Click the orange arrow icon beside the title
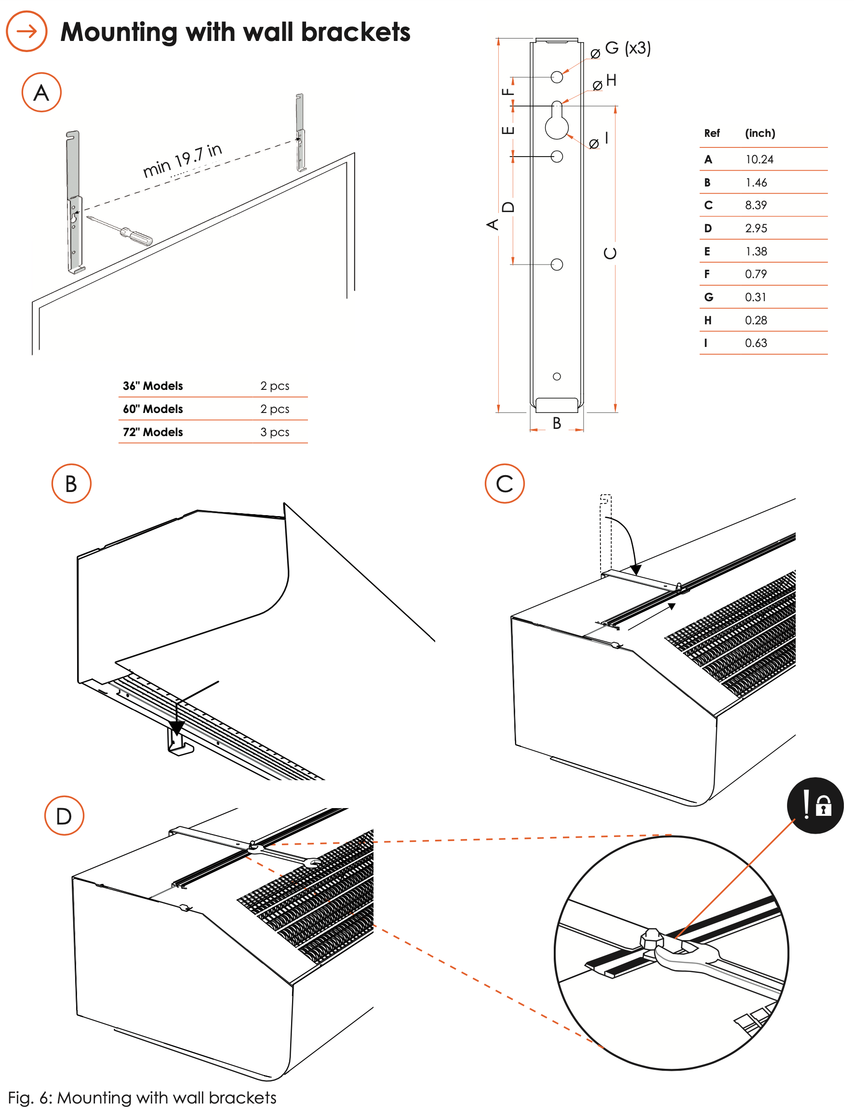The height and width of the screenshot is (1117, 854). (x=27, y=31)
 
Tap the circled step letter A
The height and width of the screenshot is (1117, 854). (x=41, y=93)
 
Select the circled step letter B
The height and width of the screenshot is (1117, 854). (x=71, y=484)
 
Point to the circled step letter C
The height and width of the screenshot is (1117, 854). (x=505, y=484)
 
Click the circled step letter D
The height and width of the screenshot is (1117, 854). (x=64, y=816)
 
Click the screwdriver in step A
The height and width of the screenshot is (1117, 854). (x=122, y=231)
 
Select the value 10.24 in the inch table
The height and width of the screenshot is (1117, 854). (x=760, y=160)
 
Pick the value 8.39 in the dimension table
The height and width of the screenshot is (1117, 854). (x=756, y=205)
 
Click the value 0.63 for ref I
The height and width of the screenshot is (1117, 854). (x=756, y=343)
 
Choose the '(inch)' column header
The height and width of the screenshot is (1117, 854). (x=760, y=133)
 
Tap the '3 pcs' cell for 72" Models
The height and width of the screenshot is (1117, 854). (x=275, y=432)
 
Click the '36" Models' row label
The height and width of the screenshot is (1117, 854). (x=153, y=386)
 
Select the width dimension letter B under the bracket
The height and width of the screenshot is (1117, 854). (x=557, y=423)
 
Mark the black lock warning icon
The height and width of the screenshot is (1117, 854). (x=815, y=806)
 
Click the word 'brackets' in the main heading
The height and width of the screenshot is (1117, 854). (x=355, y=32)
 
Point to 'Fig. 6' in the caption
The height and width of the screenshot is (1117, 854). (x=29, y=1098)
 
